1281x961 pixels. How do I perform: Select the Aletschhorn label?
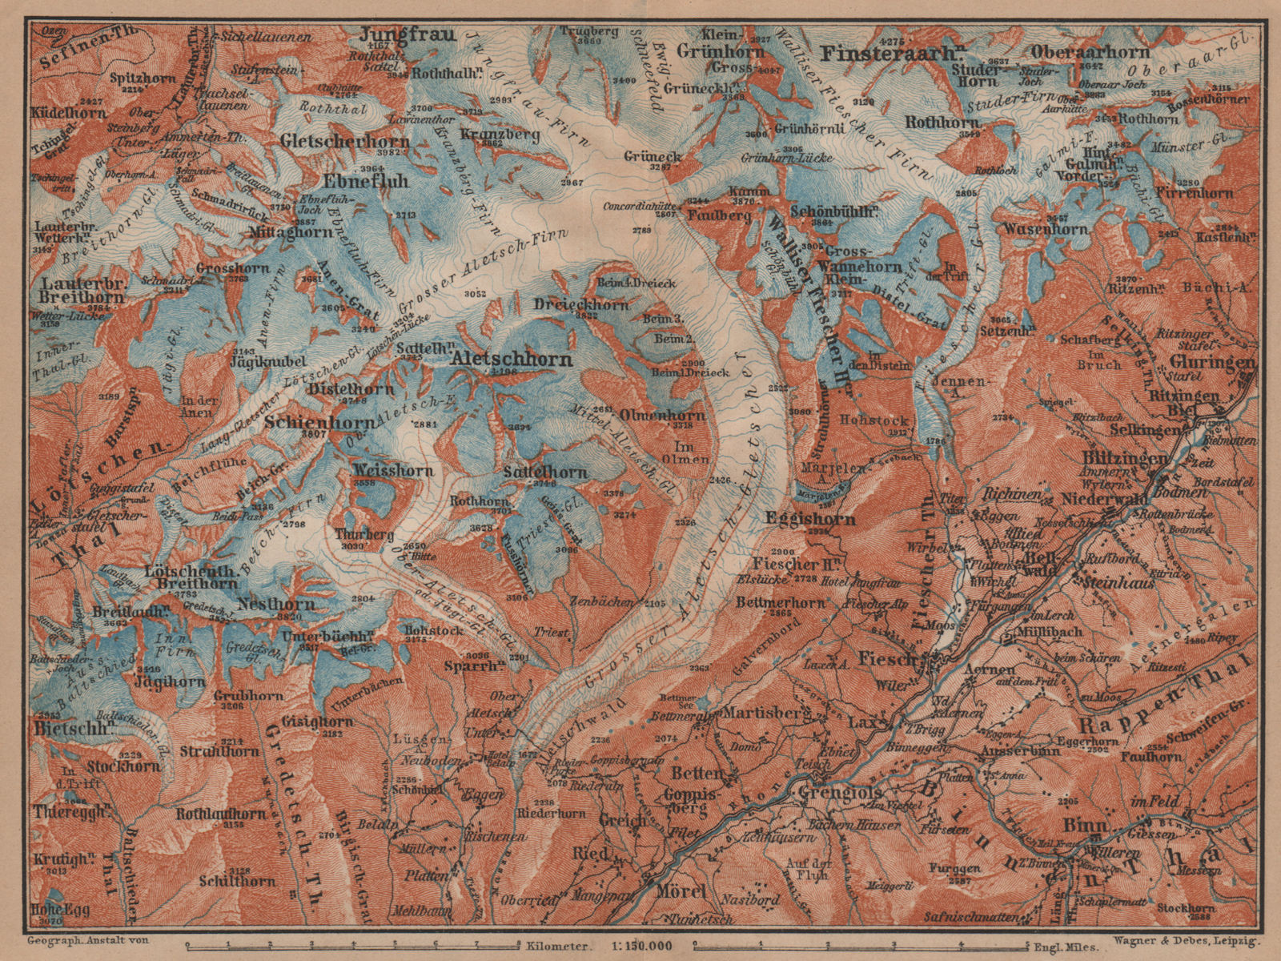pyautogui.click(x=512, y=360)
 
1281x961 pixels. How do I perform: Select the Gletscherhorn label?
pyautogui.click(x=346, y=140)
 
